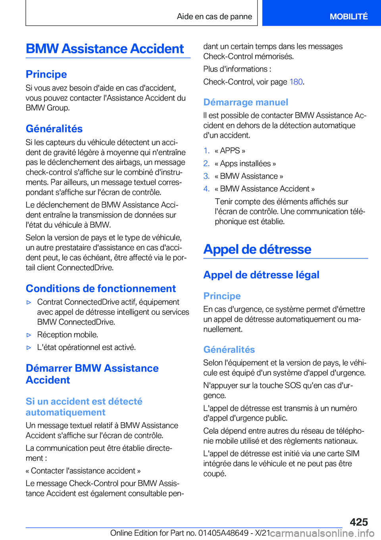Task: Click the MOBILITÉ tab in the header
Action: (348, 17)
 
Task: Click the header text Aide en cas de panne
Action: (214, 17)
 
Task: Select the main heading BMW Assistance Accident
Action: (105, 49)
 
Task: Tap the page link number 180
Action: (296, 82)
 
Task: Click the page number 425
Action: (359, 522)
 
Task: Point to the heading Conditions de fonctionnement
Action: (101, 288)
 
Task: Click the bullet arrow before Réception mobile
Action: (29, 335)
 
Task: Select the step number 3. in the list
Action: (206, 176)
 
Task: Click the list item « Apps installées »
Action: (245, 163)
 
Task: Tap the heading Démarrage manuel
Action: (246, 102)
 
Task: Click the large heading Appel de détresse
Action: (257, 249)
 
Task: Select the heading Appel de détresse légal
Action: (261, 275)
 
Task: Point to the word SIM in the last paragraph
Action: (352, 454)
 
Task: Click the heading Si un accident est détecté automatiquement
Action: (84, 407)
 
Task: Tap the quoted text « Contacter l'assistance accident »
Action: (83, 471)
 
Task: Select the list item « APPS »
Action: (230, 151)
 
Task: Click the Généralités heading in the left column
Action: (54, 129)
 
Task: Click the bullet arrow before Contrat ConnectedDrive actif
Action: (29, 302)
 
